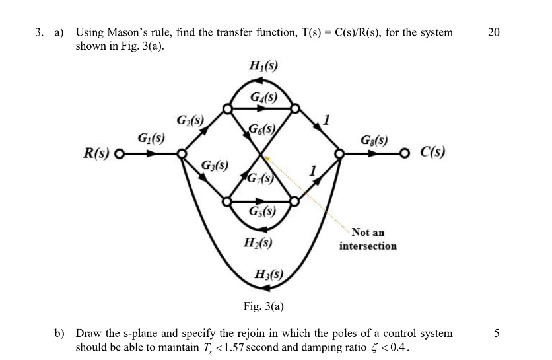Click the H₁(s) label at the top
pyautogui.click(x=262, y=65)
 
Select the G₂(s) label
pyautogui.click(x=190, y=121)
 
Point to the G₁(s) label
pyautogui.click(x=151, y=139)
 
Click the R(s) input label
pyautogui.click(x=96, y=155)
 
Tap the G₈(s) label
pyautogui.click(x=374, y=140)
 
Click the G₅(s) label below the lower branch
pyautogui.click(x=262, y=212)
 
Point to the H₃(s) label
pyautogui.click(x=269, y=274)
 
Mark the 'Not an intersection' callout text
pyautogui.click(x=368, y=239)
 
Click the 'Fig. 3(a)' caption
pyautogui.click(x=262, y=306)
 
